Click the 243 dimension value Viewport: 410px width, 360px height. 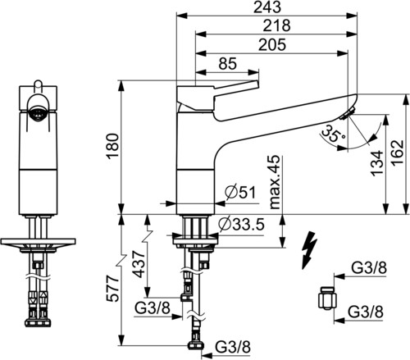pos(267,7)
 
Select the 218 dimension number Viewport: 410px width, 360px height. pos(276,25)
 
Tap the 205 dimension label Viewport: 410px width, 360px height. pos(272,45)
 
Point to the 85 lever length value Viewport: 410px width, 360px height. pos(228,64)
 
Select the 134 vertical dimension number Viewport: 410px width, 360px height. pos(377,163)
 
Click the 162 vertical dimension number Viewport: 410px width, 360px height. pos(398,152)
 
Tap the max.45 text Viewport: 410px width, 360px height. pos(275,182)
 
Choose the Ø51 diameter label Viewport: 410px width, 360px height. pos(240,193)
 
